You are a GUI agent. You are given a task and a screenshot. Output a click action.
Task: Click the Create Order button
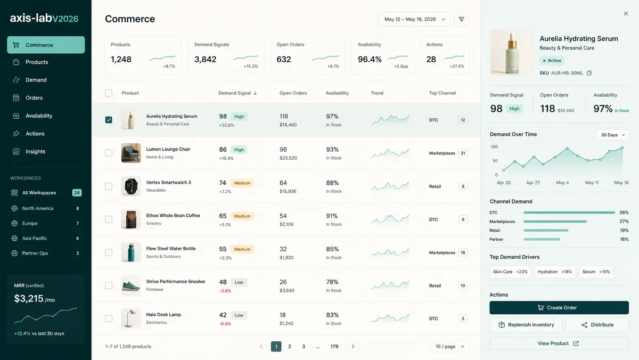[x=559, y=307]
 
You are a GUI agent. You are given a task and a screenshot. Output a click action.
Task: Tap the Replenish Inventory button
[x=526, y=325]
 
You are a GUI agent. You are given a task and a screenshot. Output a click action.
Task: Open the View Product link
[x=559, y=343]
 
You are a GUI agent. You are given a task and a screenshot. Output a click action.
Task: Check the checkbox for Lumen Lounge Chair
[x=109, y=153]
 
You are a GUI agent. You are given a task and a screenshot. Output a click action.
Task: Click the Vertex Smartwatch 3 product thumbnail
[x=130, y=186]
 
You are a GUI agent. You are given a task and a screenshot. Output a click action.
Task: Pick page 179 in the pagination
[x=334, y=346]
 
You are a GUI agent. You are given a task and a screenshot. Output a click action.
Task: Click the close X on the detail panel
[x=626, y=14]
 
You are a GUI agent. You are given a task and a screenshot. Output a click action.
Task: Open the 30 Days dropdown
[x=612, y=135]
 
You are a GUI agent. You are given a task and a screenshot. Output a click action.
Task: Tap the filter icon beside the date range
[x=461, y=19]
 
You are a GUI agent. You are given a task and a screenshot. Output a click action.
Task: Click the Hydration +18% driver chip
[x=555, y=272]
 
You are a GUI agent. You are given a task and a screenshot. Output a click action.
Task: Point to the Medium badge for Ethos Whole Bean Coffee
[x=242, y=216]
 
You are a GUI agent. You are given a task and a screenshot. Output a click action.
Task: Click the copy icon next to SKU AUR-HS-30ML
[x=589, y=73]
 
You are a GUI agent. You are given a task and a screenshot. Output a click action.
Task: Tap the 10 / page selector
[x=449, y=346]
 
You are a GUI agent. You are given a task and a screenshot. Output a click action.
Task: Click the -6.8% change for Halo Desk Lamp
[x=225, y=324]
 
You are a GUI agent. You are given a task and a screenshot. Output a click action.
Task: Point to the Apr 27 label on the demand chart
[x=533, y=183]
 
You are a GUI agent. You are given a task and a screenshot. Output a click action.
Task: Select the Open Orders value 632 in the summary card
[x=283, y=59]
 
